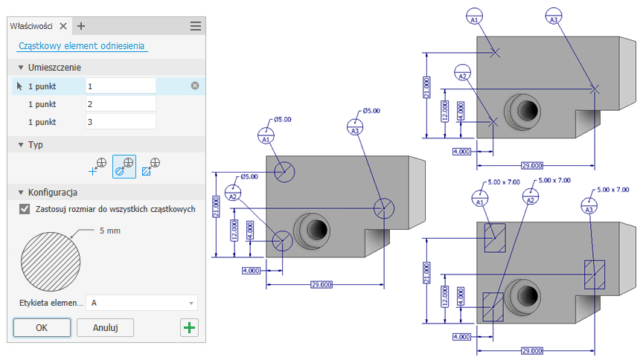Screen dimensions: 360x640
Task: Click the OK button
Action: point(42,327)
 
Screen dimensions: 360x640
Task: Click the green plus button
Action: point(190,327)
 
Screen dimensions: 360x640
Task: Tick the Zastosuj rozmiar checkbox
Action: point(25,209)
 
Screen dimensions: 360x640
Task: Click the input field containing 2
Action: point(121,103)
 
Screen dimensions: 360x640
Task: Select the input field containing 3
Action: point(121,121)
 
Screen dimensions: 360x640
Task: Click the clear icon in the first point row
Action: point(195,86)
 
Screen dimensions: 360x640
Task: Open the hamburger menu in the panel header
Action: point(196,25)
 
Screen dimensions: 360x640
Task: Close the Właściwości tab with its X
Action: point(63,25)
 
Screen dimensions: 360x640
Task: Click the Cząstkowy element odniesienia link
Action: point(82,45)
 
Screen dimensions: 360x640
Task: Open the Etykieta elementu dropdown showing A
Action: point(142,303)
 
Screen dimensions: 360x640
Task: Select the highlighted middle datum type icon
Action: point(124,167)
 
